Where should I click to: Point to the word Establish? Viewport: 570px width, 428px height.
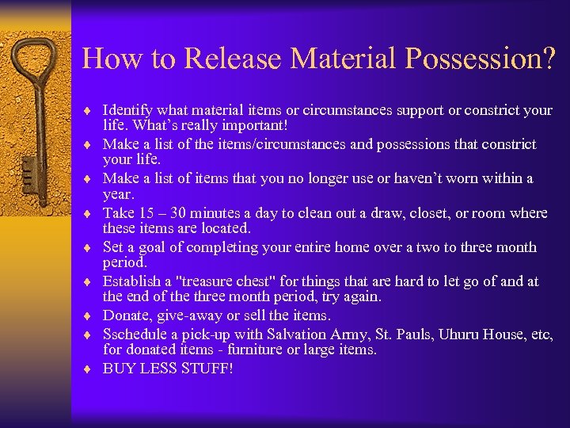point(131,281)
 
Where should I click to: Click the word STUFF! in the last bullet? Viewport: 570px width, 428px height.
point(207,369)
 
